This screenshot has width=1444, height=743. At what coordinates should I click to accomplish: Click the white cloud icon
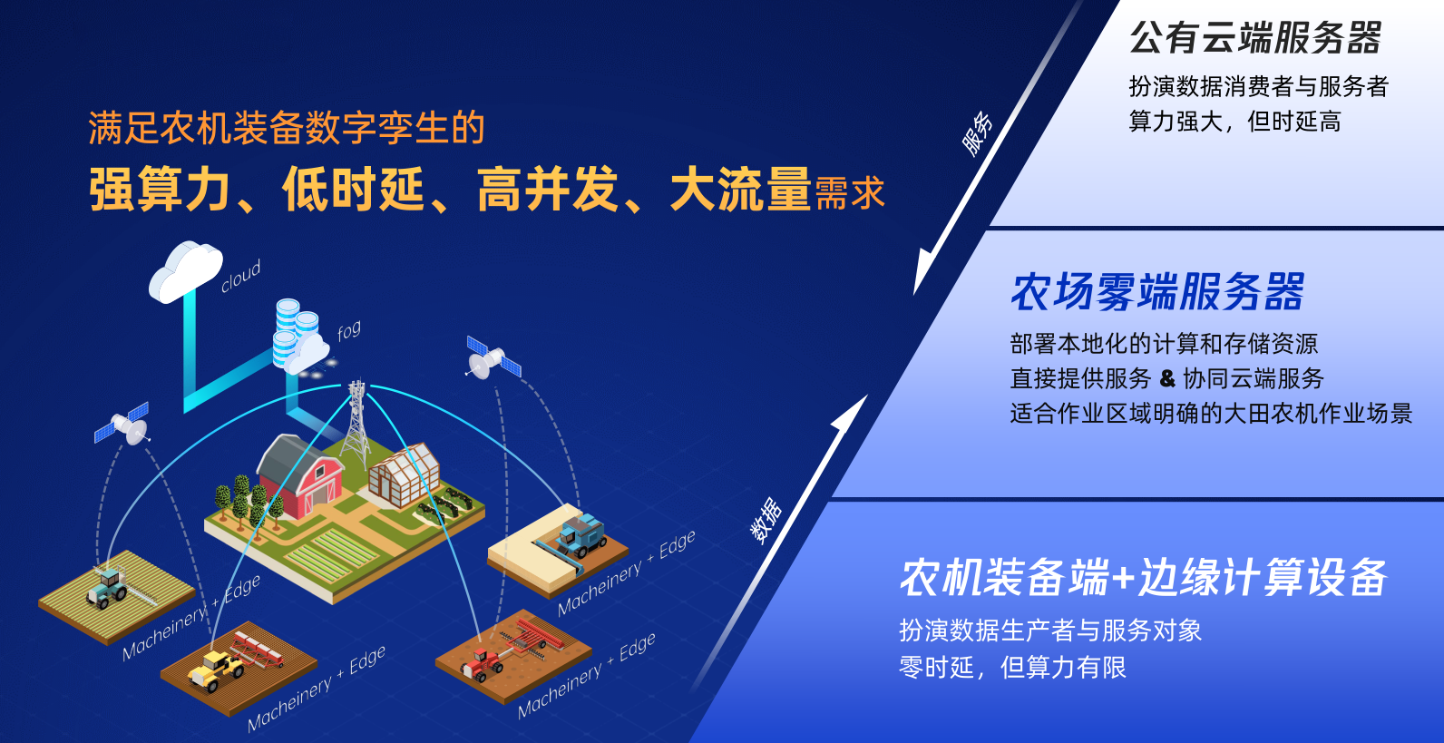click(186, 271)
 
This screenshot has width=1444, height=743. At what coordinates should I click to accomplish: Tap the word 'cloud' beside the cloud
click(240, 277)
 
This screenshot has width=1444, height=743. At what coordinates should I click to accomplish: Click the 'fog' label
click(348, 331)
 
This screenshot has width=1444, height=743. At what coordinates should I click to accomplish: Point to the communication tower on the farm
click(356, 423)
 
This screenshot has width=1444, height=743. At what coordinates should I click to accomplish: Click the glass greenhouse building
click(405, 474)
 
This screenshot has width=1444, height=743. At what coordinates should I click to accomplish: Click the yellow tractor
click(215, 669)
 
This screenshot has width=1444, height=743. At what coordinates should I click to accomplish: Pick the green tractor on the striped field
click(107, 587)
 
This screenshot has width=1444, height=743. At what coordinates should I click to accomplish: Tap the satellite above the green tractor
click(122, 425)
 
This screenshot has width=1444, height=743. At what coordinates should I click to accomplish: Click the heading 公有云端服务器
click(1255, 38)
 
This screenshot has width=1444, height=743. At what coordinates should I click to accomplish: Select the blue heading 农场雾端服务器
click(1157, 291)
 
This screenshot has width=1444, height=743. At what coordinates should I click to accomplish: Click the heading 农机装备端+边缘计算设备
click(1143, 577)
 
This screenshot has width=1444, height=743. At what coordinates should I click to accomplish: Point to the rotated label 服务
click(977, 133)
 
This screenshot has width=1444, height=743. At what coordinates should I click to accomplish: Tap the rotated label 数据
click(766, 520)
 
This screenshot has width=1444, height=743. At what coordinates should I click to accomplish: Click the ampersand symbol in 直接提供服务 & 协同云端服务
click(1167, 378)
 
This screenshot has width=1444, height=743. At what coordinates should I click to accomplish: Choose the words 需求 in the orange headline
click(850, 193)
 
